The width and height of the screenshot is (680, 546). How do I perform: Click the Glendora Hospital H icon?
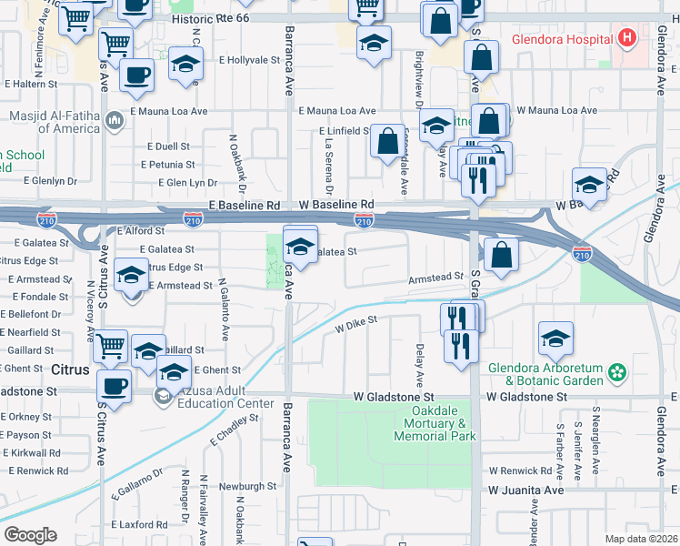click(x=626, y=39)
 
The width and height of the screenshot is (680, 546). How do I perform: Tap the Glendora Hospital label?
click(x=562, y=40)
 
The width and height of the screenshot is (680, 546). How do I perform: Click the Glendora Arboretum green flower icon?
click(x=618, y=371)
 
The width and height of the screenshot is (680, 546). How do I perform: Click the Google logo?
click(x=30, y=535)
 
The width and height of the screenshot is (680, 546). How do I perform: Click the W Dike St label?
click(x=355, y=322)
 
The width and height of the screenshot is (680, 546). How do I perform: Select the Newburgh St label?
click(x=246, y=487)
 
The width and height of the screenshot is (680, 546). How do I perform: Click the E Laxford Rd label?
click(x=137, y=525)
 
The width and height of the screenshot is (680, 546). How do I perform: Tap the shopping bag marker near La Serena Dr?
click(x=388, y=142)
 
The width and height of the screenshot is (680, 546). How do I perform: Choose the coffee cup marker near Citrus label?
click(x=115, y=386)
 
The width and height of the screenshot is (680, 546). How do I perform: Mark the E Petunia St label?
click(x=168, y=165)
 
